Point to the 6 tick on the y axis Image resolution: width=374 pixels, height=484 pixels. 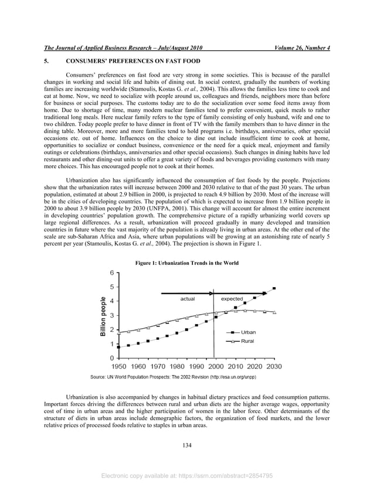(111, 273)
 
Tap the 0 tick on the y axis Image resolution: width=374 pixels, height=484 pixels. (111, 358)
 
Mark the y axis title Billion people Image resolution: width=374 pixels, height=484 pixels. (103, 316)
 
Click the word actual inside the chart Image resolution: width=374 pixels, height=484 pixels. (187, 299)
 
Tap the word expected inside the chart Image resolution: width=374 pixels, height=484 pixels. (232, 299)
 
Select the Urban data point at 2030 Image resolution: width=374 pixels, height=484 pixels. (274, 288)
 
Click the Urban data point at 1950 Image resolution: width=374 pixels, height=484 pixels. (119, 347)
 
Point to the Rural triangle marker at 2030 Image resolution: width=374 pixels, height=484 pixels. (274, 312)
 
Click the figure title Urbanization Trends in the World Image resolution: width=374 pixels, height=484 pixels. (187, 264)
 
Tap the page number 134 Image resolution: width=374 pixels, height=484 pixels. (187, 446)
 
